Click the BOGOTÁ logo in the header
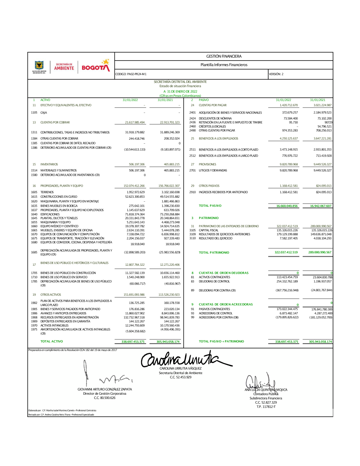[x=95, y=66]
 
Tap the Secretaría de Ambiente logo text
[x=64, y=67]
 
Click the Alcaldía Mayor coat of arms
[x=39, y=66]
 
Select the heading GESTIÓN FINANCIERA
[x=224, y=57]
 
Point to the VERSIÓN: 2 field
[x=276, y=74]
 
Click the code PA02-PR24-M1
[x=131, y=74]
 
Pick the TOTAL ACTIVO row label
[x=51, y=341]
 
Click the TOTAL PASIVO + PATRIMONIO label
[x=221, y=341]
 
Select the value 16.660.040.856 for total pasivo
[x=287, y=206]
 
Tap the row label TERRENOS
[x=47, y=192]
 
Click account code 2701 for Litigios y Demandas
[x=193, y=170]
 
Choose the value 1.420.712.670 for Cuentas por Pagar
[x=289, y=105]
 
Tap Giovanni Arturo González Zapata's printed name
[x=105, y=389]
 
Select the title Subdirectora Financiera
[x=266, y=398]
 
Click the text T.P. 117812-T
[x=266, y=407]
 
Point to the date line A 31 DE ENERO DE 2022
[x=180, y=91]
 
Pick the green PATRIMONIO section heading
[x=208, y=218]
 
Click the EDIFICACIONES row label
[x=50, y=214]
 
